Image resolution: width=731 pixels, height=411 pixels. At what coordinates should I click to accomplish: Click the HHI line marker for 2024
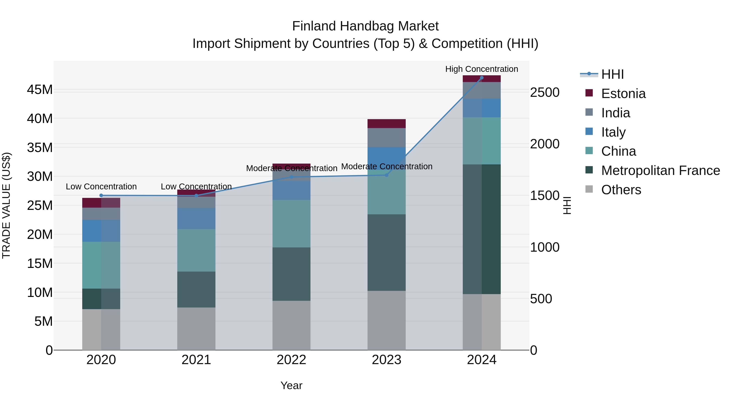(x=482, y=78)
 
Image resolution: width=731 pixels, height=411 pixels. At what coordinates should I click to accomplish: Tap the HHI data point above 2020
(x=101, y=195)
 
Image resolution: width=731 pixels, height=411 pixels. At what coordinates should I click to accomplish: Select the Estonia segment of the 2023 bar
(x=386, y=124)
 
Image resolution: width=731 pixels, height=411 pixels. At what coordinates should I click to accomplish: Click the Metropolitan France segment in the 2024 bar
(x=482, y=229)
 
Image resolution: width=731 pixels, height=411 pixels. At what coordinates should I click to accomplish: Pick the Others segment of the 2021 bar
(x=196, y=329)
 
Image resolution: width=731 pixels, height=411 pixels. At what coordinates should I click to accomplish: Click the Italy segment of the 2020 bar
(x=101, y=231)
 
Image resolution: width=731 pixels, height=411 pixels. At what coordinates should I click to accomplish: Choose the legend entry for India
(x=615, y=113)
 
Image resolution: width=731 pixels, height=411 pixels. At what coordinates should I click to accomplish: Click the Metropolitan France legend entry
(x=660, y=170)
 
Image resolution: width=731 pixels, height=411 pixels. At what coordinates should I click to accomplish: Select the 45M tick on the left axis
(x=40, y=90)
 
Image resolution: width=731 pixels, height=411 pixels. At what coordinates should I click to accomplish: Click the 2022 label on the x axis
(x=291, y=360)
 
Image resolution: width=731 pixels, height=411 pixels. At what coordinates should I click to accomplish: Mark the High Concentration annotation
(x=482, y=69)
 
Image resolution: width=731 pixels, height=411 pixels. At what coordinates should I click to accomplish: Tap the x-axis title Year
(x=291, y=385)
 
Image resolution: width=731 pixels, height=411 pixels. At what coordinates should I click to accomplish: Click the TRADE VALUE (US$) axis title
(x=6, y=205)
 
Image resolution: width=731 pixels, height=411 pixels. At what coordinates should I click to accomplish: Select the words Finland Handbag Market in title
(x=365, y=26)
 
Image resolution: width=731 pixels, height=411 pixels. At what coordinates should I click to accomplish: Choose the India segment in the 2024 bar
(x=482, y=90)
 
